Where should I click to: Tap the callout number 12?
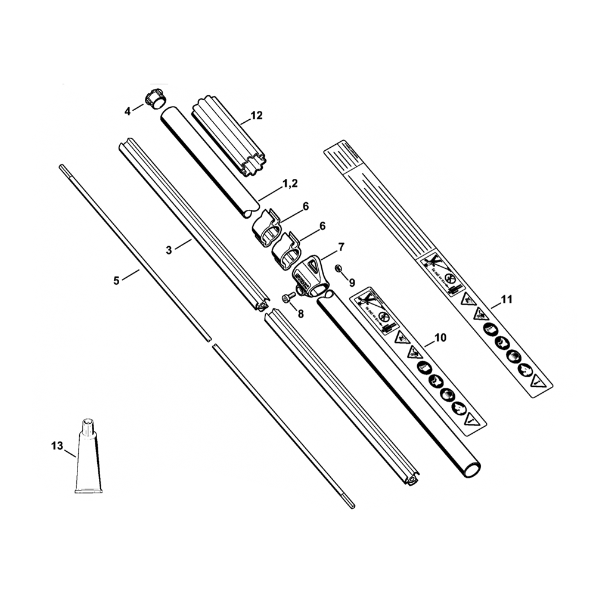[x=256, y=116]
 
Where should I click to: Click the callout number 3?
[x=169, y=250]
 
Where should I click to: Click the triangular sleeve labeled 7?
[x=308, y=274]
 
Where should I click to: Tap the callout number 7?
[x=341, y=246]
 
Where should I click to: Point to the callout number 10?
[x=440, y=338]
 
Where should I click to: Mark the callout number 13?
[x=57, y=444]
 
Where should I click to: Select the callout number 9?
[x=352, y=281]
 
